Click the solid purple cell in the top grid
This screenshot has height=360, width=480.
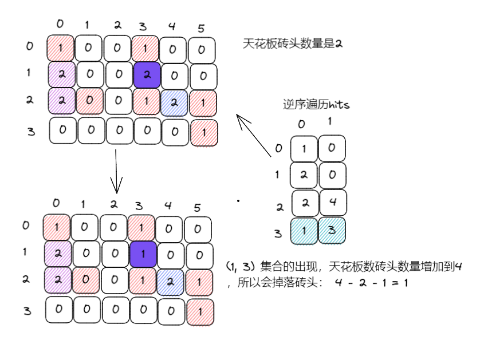[147, 75]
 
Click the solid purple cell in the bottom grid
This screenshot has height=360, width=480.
[144, 252]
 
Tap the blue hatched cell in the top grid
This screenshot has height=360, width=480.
[174, 104]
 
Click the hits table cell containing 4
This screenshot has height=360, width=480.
[333, 203]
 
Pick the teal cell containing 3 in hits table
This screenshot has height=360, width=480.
[332, 231]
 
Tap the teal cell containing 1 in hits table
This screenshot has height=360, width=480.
[304, 231]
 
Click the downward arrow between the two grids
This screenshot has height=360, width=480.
[116, 170]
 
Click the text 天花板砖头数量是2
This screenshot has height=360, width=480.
[293, 43]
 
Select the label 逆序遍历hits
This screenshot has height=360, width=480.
[316, 105]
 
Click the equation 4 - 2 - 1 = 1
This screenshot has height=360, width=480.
[372, 283]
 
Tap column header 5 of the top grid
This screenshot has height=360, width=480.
[201, 27]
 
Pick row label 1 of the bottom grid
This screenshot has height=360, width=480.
[25, 252]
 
